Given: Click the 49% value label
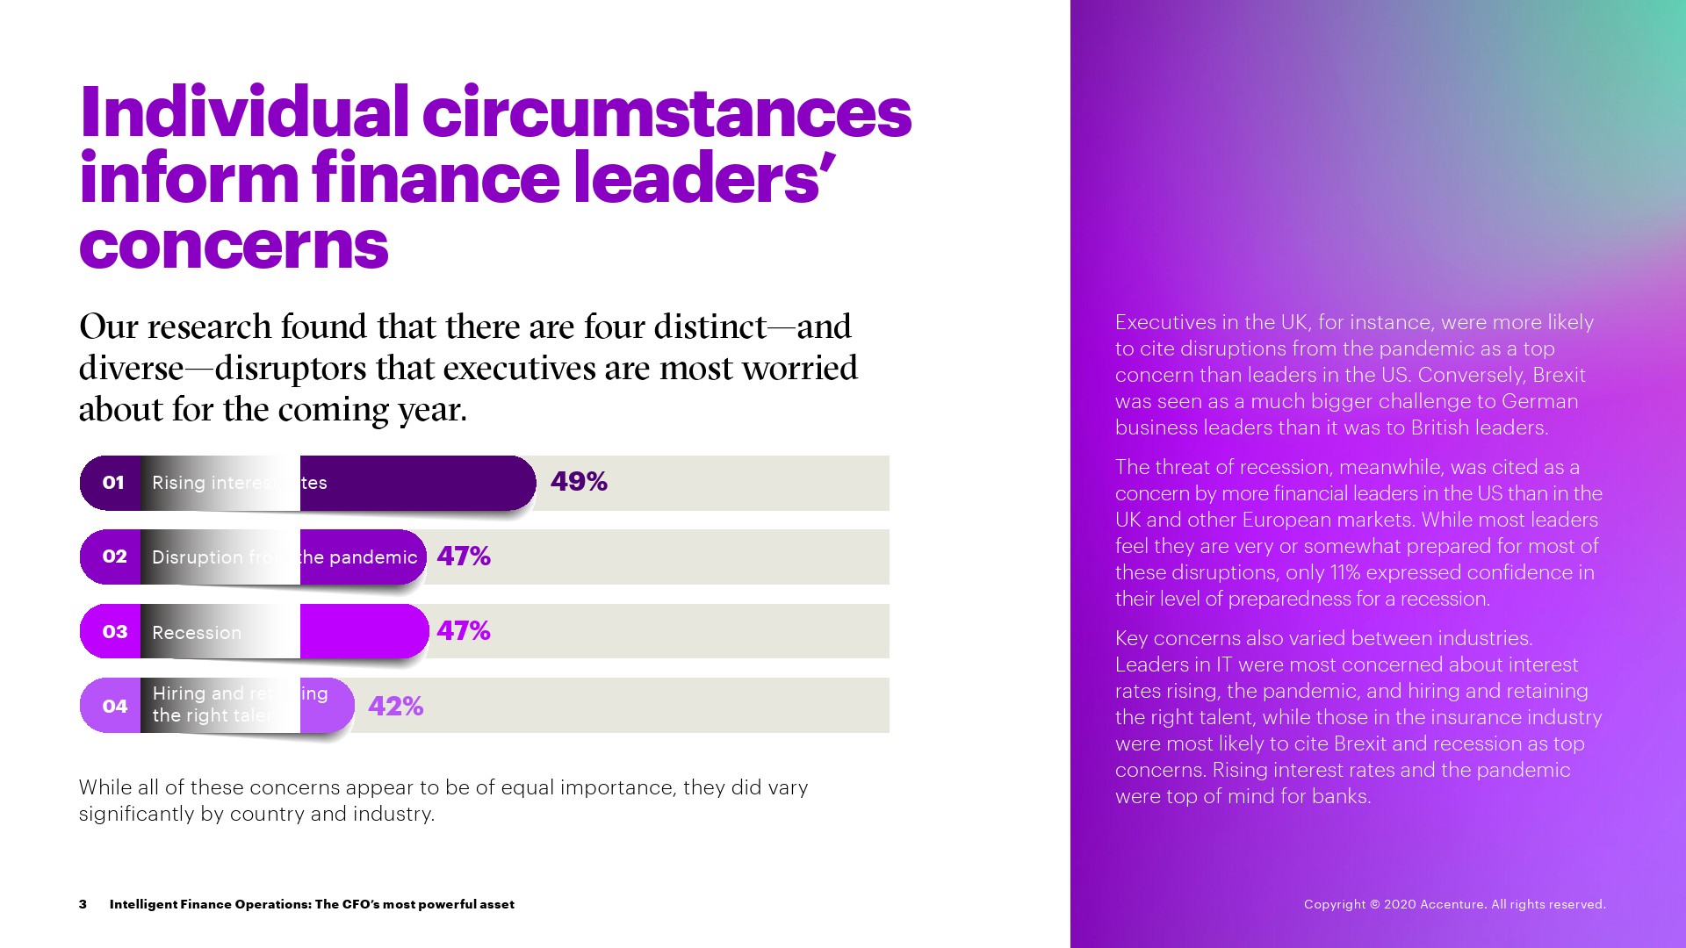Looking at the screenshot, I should tap(579, 482).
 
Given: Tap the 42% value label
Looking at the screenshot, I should tap(395, 706).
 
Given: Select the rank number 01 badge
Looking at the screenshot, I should tap(113, 483).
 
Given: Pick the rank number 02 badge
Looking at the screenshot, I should tap(114, 557).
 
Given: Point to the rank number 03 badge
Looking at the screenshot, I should tap(114, 632).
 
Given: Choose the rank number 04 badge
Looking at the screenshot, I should tap(114, 707).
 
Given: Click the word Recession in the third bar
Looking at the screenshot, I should tap(196, 633).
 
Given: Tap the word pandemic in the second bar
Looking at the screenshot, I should tap(373, 557).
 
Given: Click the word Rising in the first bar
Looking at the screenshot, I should tap(179, 483).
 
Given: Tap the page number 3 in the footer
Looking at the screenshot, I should tap(83, 904).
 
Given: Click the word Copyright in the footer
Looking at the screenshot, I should tap(1335, 904).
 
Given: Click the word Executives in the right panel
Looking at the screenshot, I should tap(1165, 322).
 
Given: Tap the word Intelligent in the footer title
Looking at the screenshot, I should tap(143, 904).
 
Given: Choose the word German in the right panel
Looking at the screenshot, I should tap(1539, 401).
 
